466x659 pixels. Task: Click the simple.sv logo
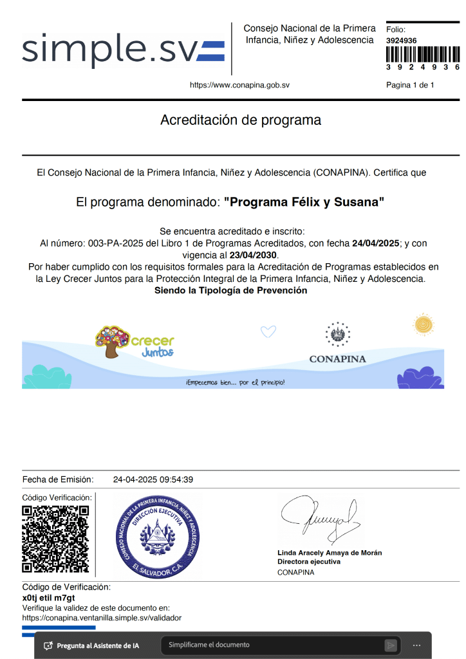[x=122, y=49]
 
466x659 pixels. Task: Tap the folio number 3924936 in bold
[x=401, y=41]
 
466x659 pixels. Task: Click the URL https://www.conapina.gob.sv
[x=239, y=85]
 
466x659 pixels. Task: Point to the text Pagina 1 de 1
[x=410, y=85]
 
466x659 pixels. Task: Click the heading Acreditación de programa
[x=240, y=120]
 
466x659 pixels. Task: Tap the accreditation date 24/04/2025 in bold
[x=376, y=244]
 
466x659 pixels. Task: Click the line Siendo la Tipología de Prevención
[x=230, y=290]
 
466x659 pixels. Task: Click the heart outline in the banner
[x=268, y=332]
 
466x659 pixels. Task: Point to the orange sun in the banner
[x=424, y=324]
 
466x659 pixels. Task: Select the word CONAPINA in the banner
[x=337, y=359]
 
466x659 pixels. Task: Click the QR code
[x=55, y=539]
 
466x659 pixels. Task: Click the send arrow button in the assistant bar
[x=390, y=645]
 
